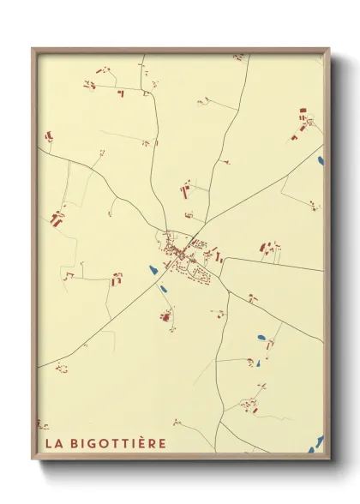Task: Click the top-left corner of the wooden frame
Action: [33, 49]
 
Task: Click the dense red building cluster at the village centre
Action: [182, 252]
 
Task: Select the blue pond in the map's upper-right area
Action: [321, 160]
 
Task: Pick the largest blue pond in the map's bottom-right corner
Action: [319, 441]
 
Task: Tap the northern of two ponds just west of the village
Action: [153, 271]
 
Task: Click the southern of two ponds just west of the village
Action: [163, 287]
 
